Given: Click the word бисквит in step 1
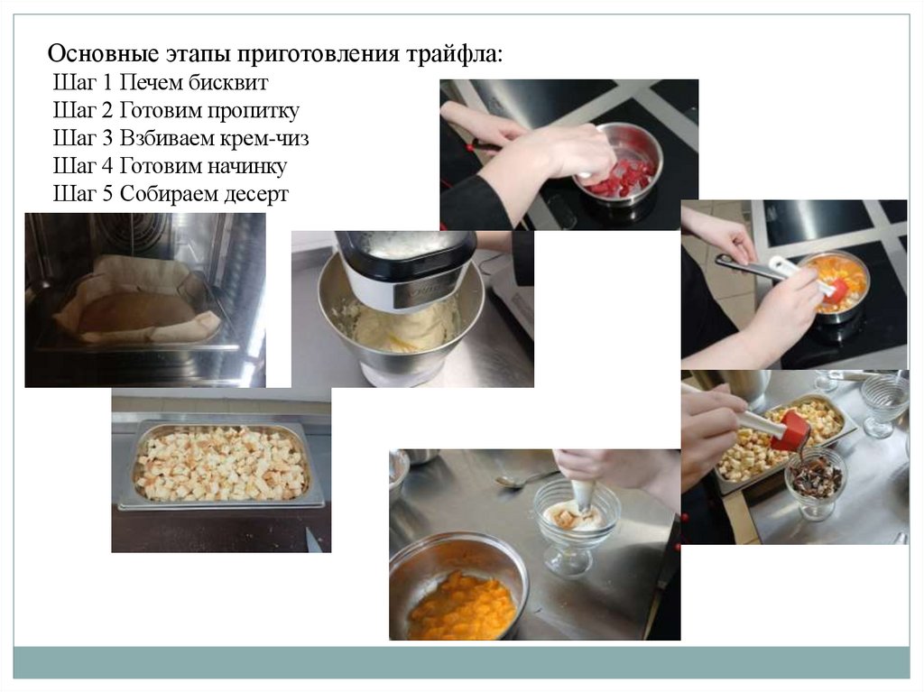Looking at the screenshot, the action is pyautogui.click(x=228, y=82).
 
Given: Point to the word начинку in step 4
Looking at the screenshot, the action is pyautogui.click(x=245, y=167).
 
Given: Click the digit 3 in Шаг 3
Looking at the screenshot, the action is pyautogui.click(x=106, y=139).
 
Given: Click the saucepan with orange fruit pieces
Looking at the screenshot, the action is pyautogui.click(x=836, y=286).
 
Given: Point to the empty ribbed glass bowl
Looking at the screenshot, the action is pyautogui.click(x=885, y=404).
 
